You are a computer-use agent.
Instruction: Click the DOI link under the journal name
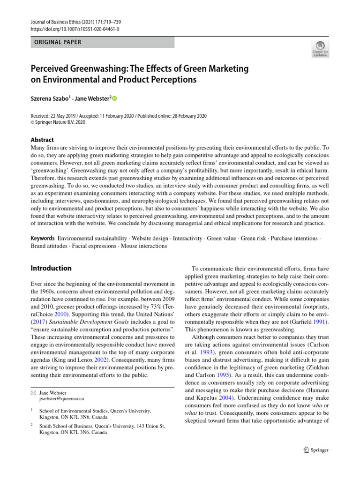point(75,29)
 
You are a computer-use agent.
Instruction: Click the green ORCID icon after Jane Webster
point(113,98)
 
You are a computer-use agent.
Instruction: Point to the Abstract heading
point(42,140)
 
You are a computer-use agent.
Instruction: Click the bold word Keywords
point(42,238)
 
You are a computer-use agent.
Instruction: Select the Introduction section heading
point(51,268)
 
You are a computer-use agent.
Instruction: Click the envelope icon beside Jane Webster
point(33,392)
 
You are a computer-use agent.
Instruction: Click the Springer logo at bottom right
point(316,450)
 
